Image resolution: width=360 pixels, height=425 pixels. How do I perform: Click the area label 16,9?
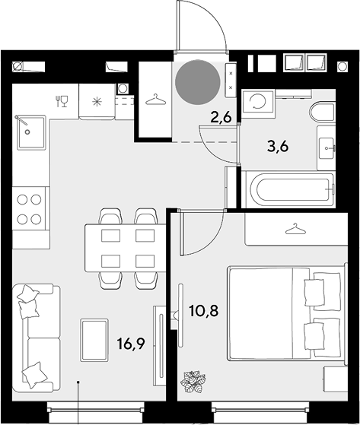tap(131, 344)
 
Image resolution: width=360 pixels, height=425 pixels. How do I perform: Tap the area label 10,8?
tap(204, 311)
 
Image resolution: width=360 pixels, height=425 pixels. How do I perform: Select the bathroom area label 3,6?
tap(278, 147)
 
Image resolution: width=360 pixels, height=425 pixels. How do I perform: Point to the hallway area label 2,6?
tap(221, 118)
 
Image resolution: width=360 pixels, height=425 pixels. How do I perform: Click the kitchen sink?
tap(31, 132)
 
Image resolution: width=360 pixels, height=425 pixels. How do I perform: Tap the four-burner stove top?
tap(29, 209)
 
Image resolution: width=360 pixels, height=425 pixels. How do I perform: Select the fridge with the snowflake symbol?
tap(97, 102)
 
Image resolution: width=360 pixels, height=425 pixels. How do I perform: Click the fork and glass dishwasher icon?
tap(62, 101)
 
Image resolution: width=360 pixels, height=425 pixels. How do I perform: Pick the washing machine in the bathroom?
tap(258, 102)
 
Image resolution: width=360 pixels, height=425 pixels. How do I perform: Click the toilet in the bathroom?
tap(322, 113)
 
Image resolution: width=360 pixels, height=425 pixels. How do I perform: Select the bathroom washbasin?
tap(327, 148)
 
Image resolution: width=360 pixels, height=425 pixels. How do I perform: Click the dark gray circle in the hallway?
tap(197, 82)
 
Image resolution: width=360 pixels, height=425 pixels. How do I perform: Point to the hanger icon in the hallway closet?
tap(155, 100)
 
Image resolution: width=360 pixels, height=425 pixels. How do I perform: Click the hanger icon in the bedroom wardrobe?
tap(295, 229)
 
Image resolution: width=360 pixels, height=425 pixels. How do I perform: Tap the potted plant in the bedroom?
tap(193, 382)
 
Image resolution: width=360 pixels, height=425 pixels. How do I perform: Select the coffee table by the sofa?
tap(94, 340)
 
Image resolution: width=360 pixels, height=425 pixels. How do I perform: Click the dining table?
tap(126, 248)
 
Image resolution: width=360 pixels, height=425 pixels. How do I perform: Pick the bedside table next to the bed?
tap(336, 379)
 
